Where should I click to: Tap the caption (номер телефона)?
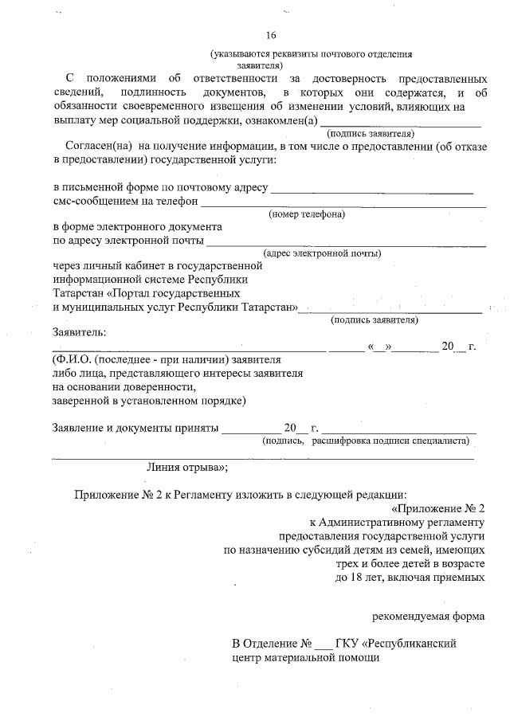(x=307, y=214)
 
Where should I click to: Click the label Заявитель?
(x=78, y=331)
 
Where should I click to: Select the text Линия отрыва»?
(x=188, y=468)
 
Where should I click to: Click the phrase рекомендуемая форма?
(x=429, y=615)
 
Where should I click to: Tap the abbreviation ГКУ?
(x=347, y=643)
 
